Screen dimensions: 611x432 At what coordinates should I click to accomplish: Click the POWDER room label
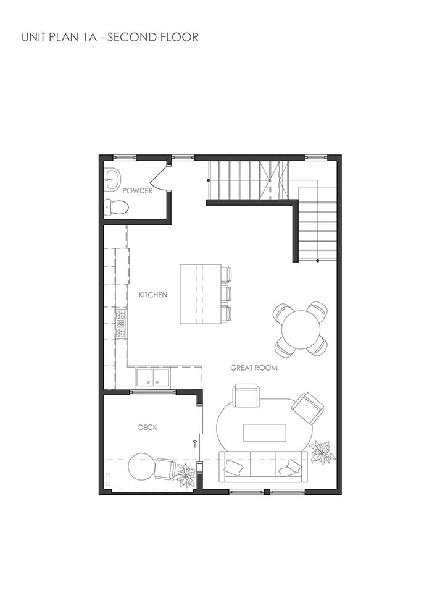(x=137, y=191)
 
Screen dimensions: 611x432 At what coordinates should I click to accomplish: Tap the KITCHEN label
(x=152, y=295)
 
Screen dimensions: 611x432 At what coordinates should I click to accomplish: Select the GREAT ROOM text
(x=254, y=368)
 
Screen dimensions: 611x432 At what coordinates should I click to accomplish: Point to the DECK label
(x=147, y=427)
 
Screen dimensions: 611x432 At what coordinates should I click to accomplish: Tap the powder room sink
(x=113, y=179)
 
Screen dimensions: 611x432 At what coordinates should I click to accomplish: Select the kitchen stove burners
(x=120, y=324)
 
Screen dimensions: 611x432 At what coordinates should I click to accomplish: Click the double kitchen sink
(x=152, y=377)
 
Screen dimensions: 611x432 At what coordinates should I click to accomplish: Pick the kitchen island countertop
(x=200, y=294)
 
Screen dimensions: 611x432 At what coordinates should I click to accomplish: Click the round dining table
(x=301, y=329)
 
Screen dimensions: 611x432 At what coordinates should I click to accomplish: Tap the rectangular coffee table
(x=265, y=432)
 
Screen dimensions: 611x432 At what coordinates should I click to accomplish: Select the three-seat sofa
(x=262, y=466)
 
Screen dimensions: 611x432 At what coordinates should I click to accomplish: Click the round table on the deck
(x=141, y=466)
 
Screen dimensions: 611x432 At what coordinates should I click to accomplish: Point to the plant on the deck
(x=185, y=475)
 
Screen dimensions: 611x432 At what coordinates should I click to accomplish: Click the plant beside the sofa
(x=322, y=453)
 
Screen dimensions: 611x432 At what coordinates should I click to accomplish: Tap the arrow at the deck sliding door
(x=196, y=443)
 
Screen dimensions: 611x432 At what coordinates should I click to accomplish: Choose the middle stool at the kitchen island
(x=226, y=293)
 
